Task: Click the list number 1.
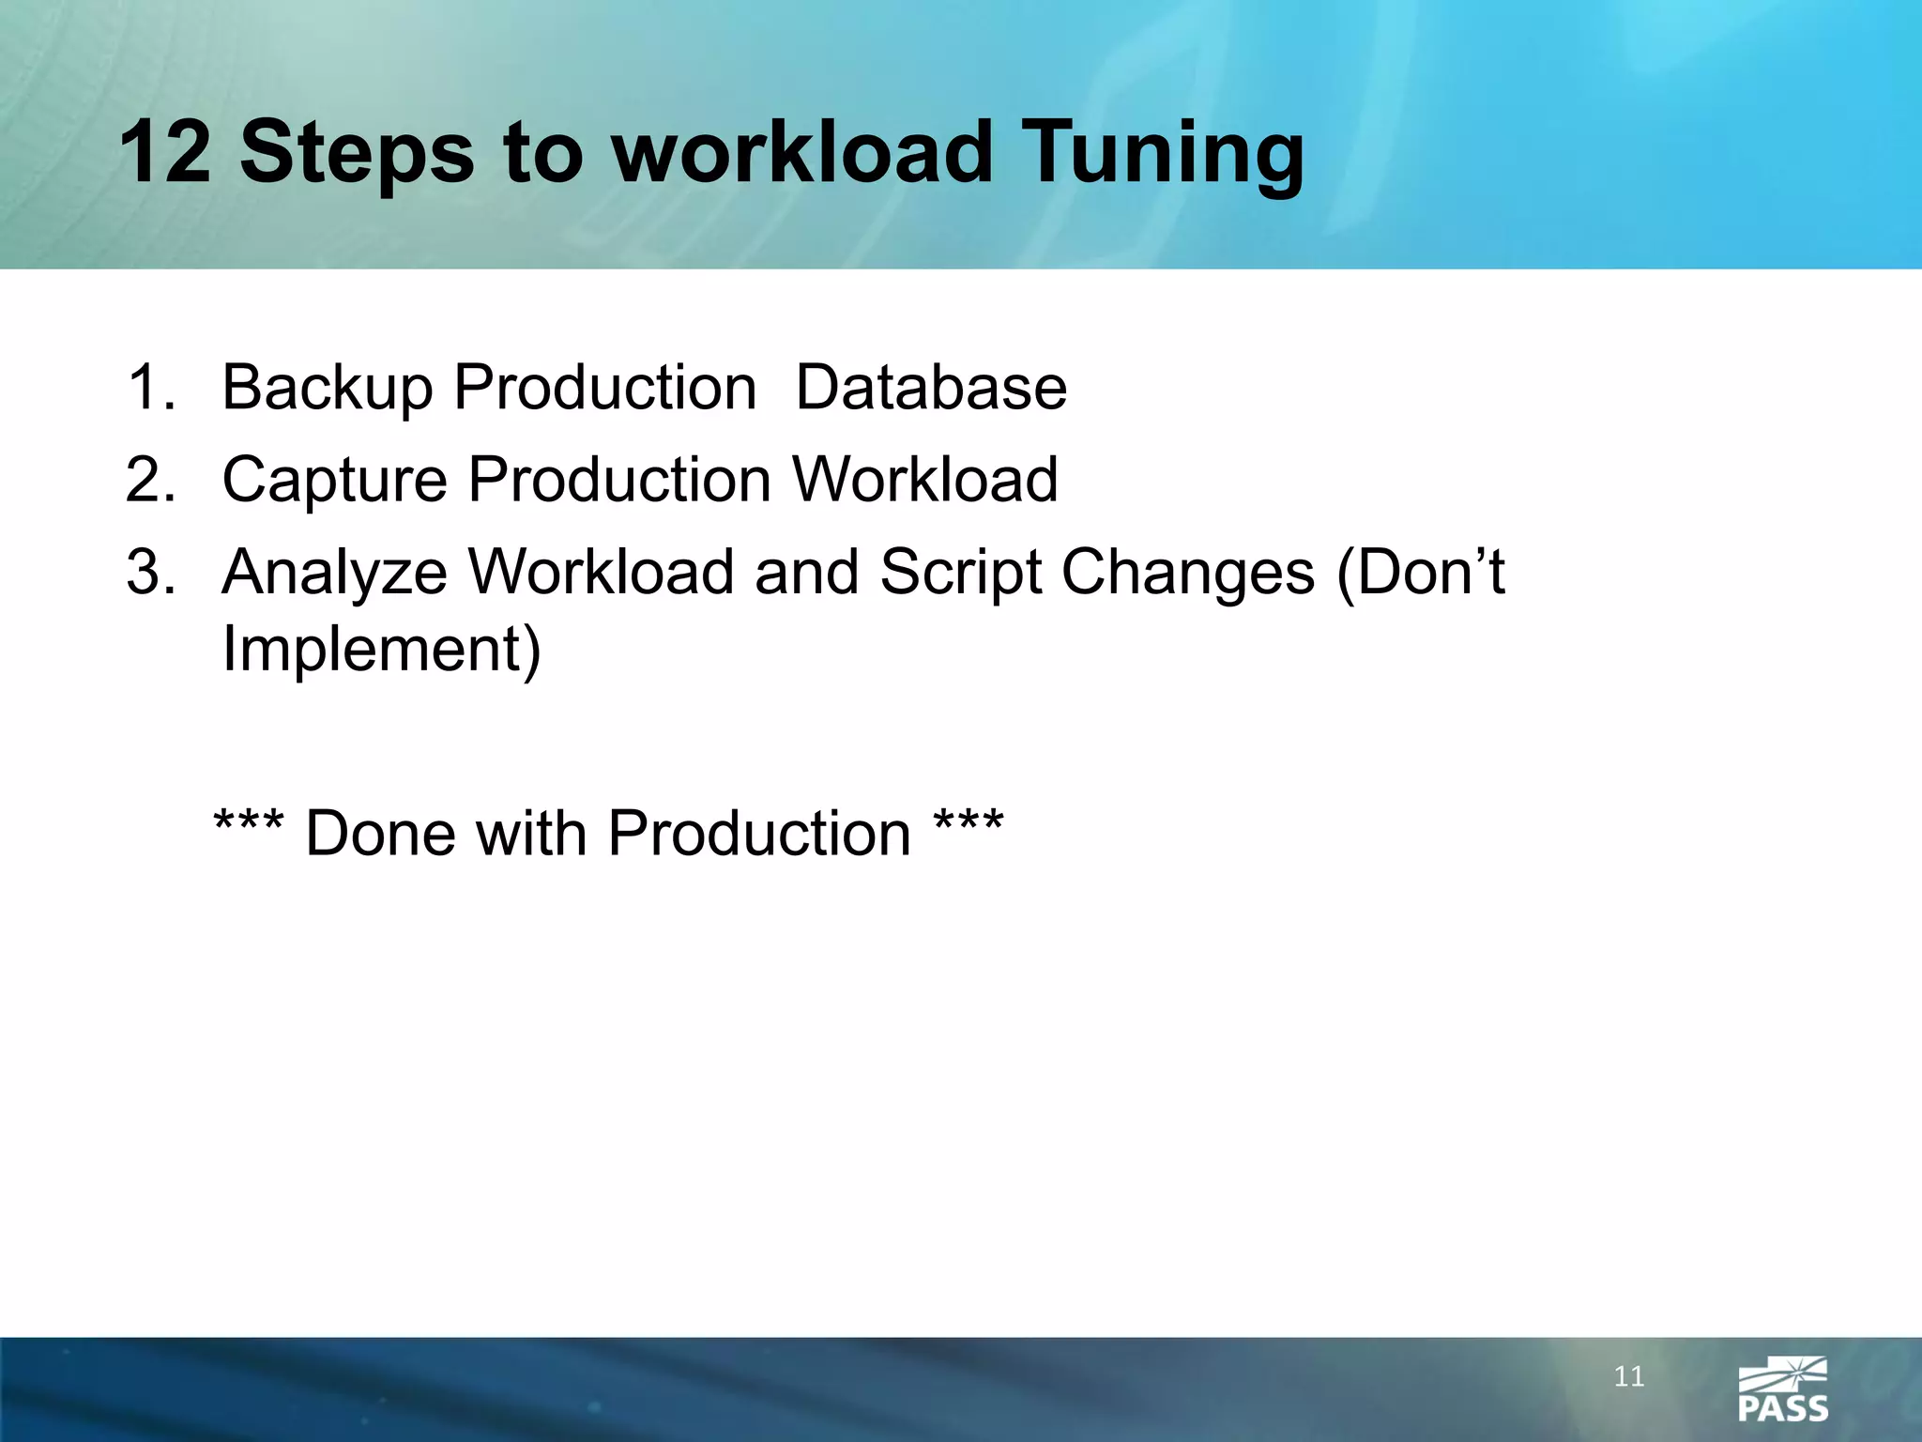(149, 387)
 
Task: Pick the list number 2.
(150, 479)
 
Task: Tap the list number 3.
(150, 571)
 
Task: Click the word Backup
(327, 389)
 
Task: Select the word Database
(931, 387)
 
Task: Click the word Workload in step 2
(925, 479)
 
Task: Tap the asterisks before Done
(249, 826)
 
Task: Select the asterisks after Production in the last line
(969, 826)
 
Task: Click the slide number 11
(1629, 1377)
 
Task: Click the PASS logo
(1782, 1389)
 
